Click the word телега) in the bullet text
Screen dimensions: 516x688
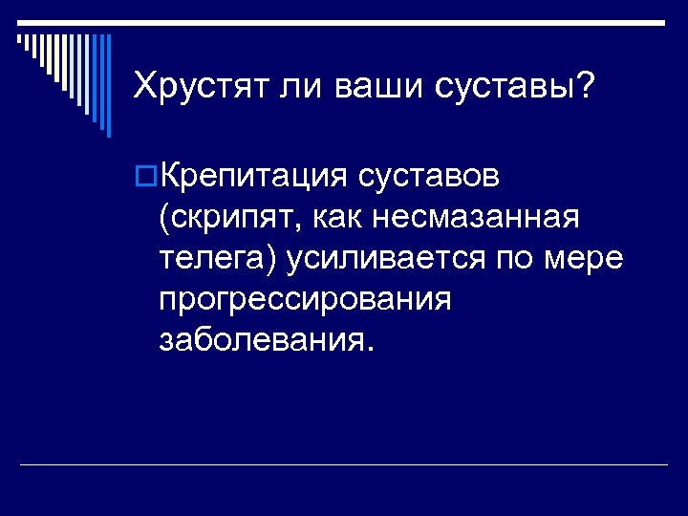point(215,259)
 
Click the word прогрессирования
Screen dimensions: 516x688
point(304,300)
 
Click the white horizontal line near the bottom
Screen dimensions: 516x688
point(344,464)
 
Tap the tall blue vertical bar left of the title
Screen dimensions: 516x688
point(108,86)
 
